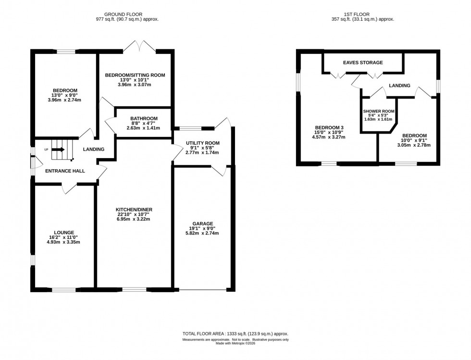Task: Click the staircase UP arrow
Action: (x=58, y=149)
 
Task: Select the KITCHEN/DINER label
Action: (x=135, y=210)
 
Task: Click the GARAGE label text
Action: (x=203, y=223)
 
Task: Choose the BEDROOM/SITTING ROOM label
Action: (x=135, y=75)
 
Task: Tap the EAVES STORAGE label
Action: (x=363, y=62)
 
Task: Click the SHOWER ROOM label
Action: (x=379, y=111)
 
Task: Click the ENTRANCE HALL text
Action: (x=65, y=171)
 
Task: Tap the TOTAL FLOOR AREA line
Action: (x=235, y=334)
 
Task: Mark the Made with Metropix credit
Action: (x=235, y=344)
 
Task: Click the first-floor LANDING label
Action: (x=399, y=86)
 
